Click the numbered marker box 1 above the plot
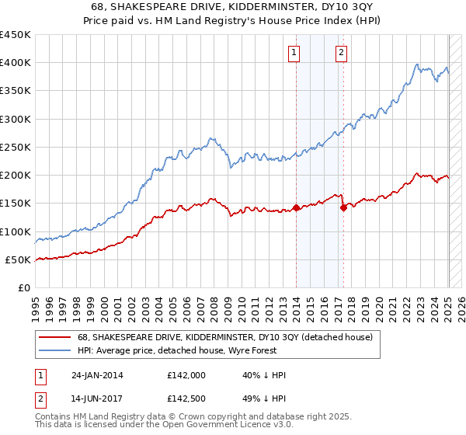click(x=295, y=53)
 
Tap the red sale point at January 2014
click(x=296, y=207)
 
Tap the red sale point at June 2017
click(x=343, y=207)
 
